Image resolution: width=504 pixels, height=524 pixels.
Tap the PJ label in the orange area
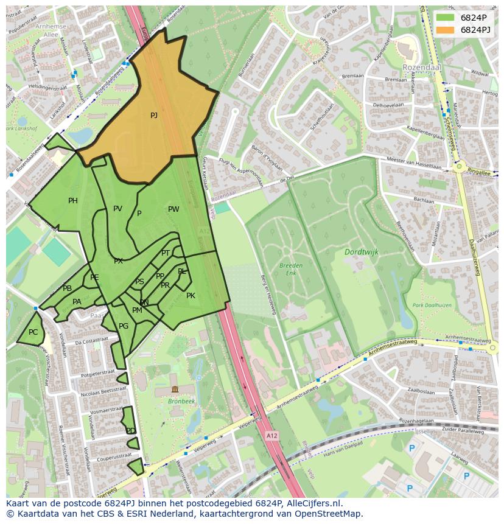point(154,115)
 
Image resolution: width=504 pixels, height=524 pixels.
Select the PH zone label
point(73,201)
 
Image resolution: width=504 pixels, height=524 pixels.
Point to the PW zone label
point(173,209)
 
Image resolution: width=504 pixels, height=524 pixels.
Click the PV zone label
point(117,209)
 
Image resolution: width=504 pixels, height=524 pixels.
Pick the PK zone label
point(191,296)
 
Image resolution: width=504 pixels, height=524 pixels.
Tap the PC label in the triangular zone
point(33,332)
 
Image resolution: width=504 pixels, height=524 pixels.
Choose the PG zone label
point(124,326)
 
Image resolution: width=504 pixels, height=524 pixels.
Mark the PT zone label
point(166,253)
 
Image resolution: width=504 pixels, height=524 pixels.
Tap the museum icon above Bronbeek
point(175,390)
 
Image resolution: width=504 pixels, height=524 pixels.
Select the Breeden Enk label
point(291,269)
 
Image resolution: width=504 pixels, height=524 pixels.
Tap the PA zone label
point(77,302)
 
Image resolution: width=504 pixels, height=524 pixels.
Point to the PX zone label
point(118,261)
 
